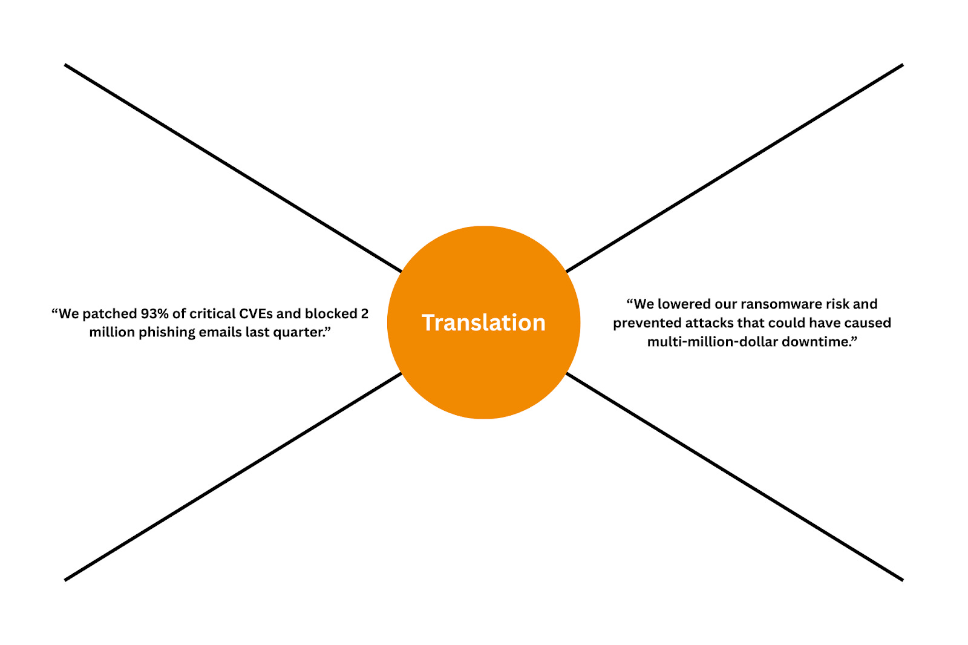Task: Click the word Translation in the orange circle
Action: [x=483, y=322]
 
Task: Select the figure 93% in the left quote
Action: [x=155, y=313]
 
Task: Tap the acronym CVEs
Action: [x=256, y=313]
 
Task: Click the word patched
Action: [x=110, y=313]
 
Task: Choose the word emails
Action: [x=221, y=332]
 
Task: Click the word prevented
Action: [x=647, y=322]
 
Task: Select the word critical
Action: [x=212, y=313]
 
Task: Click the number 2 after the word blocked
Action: [x=364, y=313]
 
